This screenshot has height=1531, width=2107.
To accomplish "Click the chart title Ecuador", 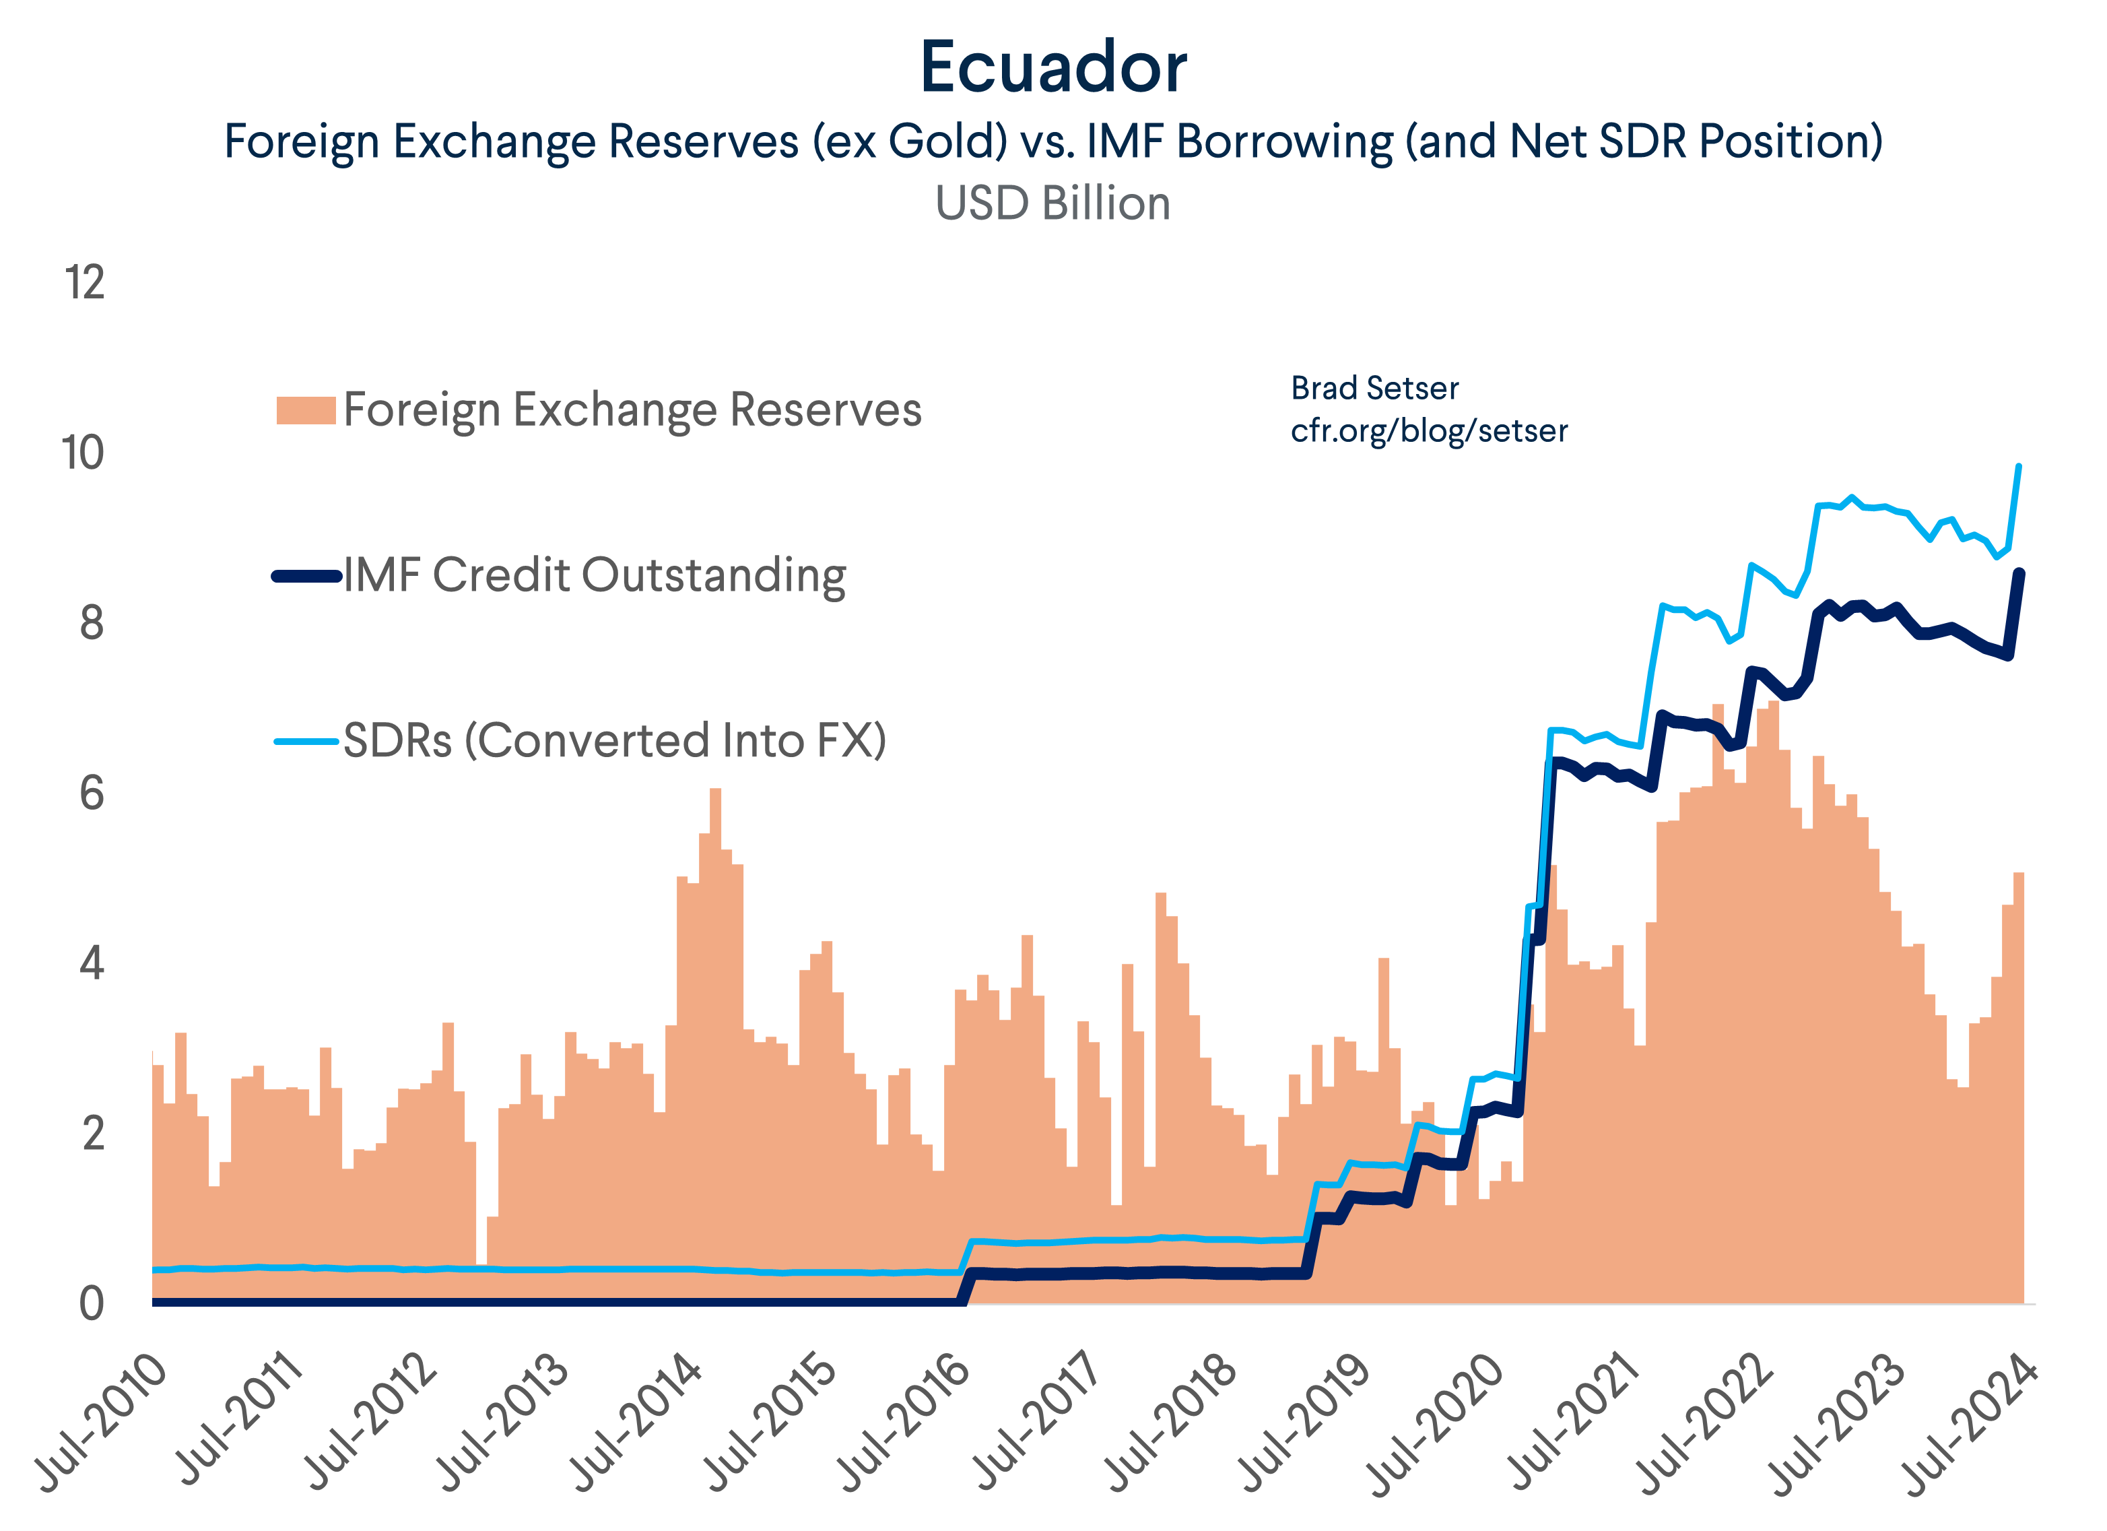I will (x=1052, y=68).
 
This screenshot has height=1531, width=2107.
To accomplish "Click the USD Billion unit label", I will (x=1052, y=203).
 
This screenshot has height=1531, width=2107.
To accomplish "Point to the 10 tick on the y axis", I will (x=83, y=453).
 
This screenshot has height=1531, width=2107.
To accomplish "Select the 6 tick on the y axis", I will (x=91, y=794).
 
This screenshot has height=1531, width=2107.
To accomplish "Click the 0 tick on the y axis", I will (x=91, y=1304).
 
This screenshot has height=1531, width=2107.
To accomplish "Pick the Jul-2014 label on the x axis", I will (x=637, y=1421).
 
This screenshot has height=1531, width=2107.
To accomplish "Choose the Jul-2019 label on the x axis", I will (x=1304, y=1421).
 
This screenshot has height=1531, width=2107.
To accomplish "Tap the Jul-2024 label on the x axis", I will (x=1972, y=1421).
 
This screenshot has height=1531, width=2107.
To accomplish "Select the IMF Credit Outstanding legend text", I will (x=595, y=576).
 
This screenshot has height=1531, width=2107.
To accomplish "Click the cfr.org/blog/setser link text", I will (x=1429, y=431).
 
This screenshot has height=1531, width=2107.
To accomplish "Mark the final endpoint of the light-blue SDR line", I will (x=2019, y=466).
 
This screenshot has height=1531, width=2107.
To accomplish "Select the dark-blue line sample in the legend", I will (x=306, y=576).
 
